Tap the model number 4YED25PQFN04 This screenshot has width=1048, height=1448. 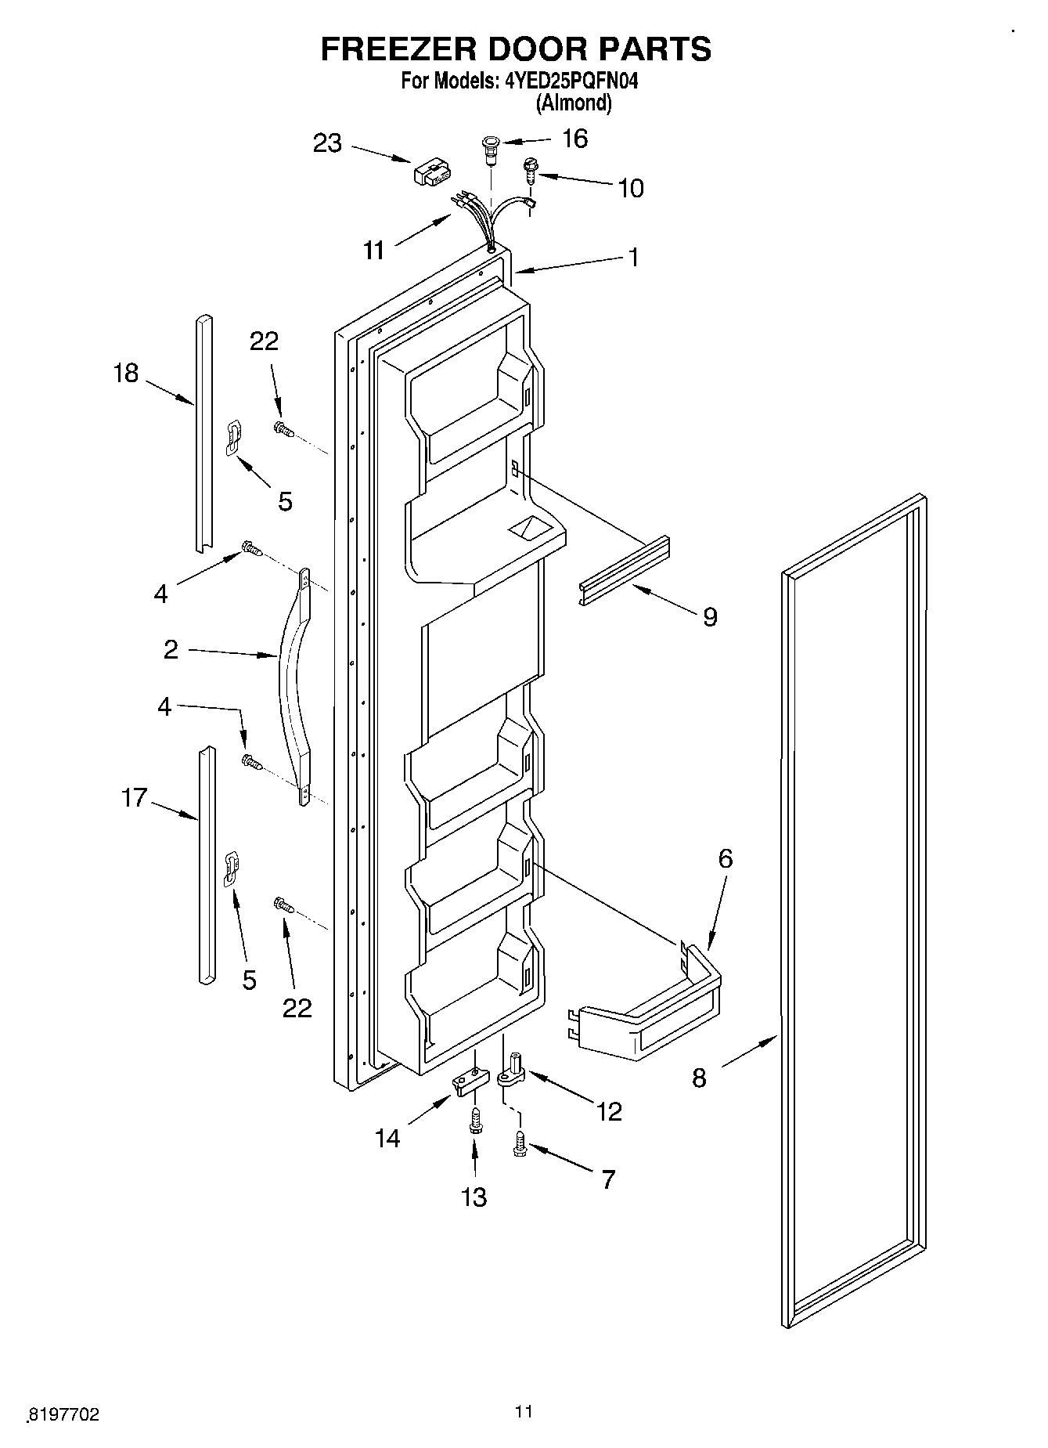point(572,81)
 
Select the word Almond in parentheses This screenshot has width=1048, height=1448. point(573,103)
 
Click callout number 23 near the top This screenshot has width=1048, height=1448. point(328,143)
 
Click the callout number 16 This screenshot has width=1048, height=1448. point(575,139)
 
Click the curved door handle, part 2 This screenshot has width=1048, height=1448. point(294,689)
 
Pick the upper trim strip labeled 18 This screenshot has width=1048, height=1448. point(204,431)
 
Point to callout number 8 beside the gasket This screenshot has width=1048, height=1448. point(699,1078)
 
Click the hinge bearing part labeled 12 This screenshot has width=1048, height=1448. point(515,1071)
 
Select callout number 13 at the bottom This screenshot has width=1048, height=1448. point(474,1197)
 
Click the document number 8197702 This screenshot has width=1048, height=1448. point(64,1414)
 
